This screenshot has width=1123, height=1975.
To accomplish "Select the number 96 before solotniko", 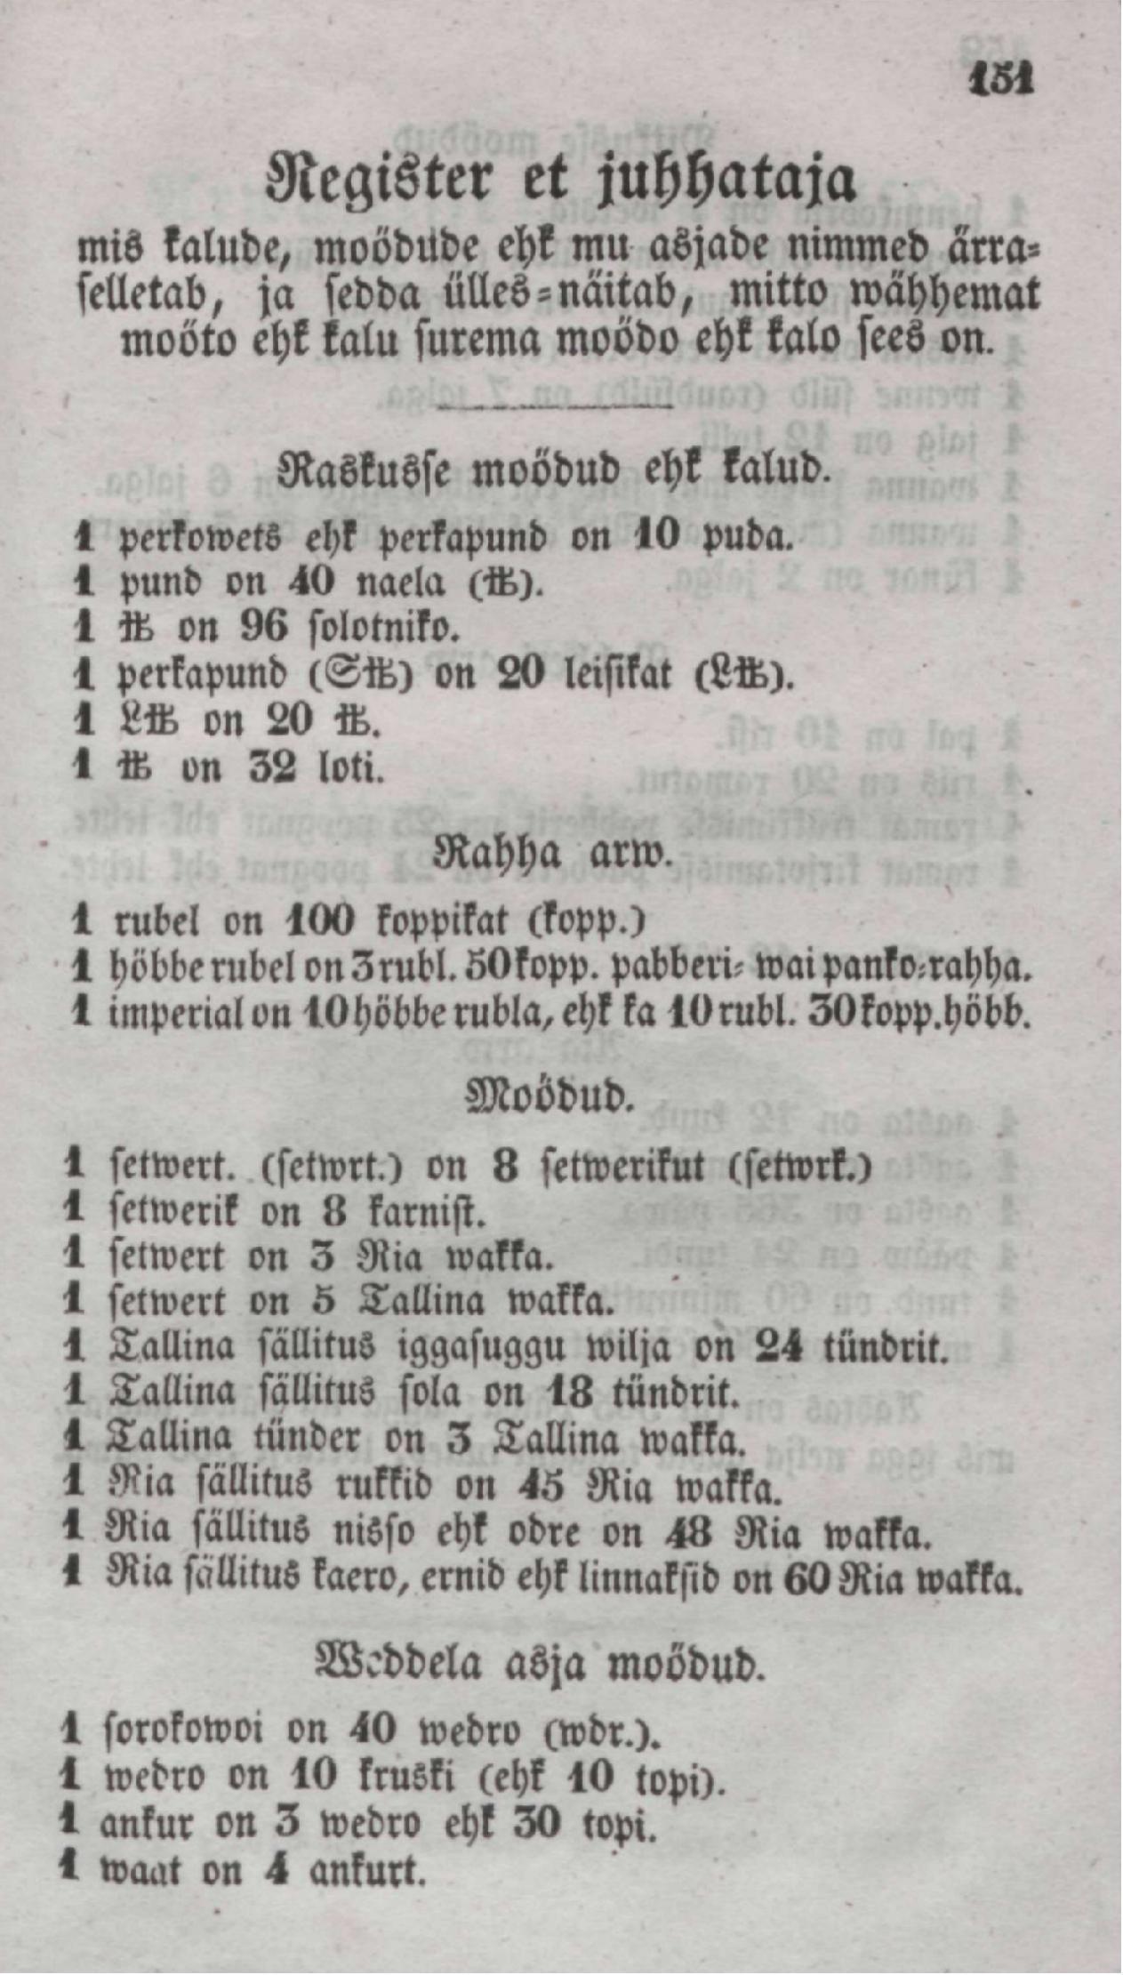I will (x=264, y=629).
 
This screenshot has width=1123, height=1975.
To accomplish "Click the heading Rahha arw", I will (x=550, y=854).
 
